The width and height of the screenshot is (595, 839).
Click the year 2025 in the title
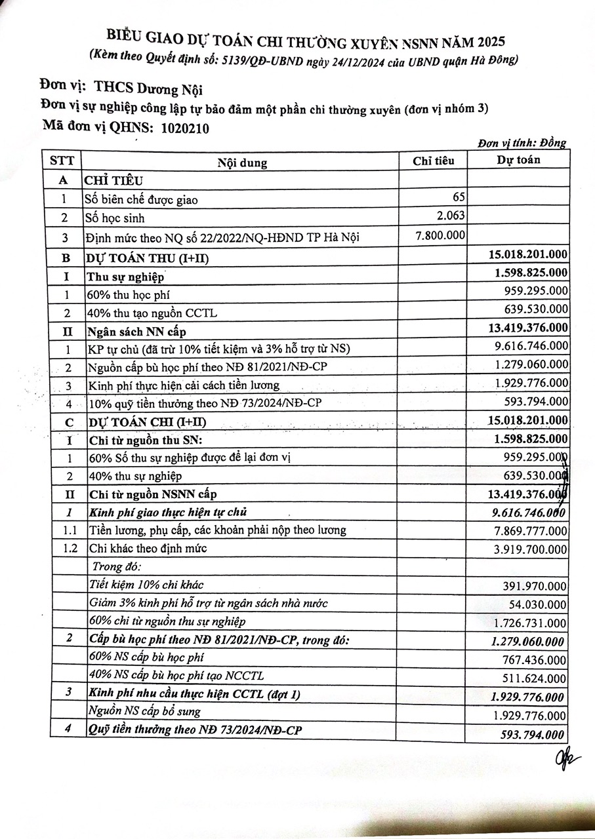coord(487,43)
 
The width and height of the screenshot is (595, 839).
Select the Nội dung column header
coord(242,163)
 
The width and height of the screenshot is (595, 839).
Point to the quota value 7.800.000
coord(441,235)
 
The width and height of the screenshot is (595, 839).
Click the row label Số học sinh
coord(114,218)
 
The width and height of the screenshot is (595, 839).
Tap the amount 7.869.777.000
coord(527,530)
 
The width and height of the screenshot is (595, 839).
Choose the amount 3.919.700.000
coord(527,549)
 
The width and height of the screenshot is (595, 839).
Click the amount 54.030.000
coord(538,604)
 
